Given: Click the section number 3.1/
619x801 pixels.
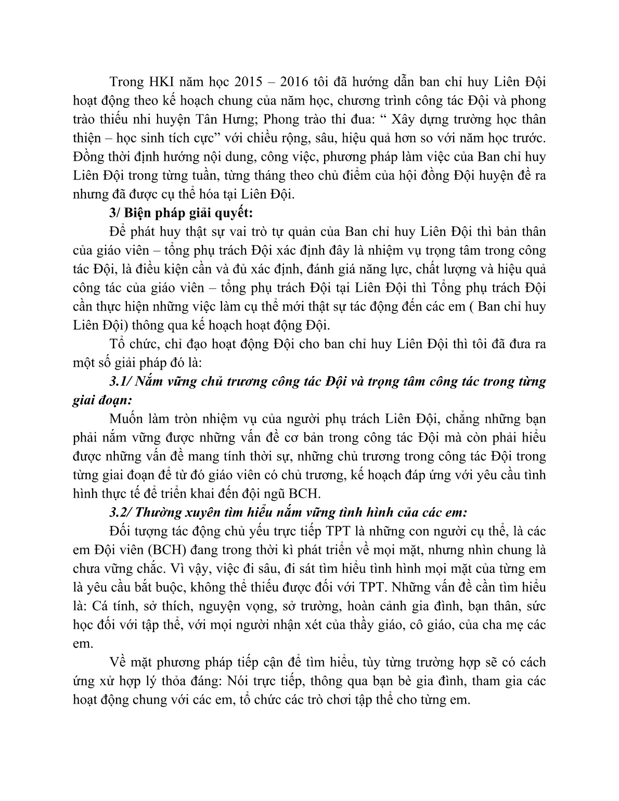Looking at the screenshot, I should (122, 381).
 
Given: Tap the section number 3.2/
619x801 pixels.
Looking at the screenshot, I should (122, 512).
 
